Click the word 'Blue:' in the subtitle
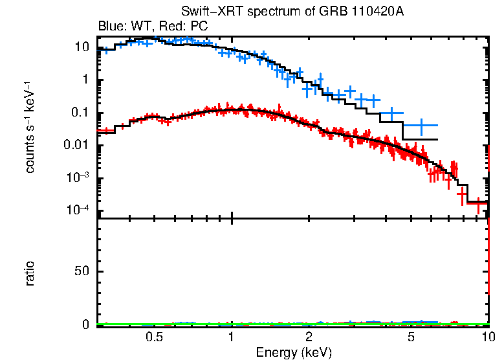pos(111,27)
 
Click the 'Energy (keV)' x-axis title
pos(294,352)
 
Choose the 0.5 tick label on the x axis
pos(153,337)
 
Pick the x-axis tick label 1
pos(231,337)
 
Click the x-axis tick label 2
pos(309,337)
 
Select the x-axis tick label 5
pos(412,337)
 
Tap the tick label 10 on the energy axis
pos(489,337)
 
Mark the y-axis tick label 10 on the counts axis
pos(82,47)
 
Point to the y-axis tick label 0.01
pos(76,146)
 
